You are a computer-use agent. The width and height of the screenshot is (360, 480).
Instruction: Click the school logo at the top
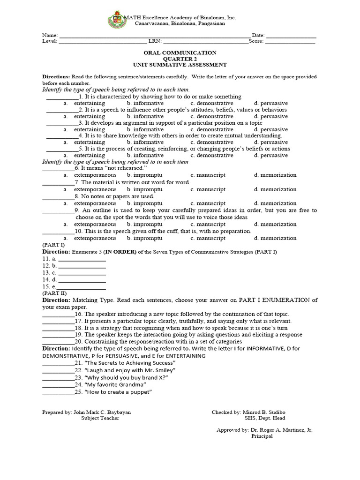pyautogui.click(x=116, y=20)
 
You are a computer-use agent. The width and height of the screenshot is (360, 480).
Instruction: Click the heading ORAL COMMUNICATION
pyautogui.click(x=180, y=53)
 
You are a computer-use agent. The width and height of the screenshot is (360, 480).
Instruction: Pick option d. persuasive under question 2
pyautogui.click(x=270, y=116)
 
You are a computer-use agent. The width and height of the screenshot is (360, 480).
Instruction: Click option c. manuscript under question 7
pyautogui.click(x=208, y=189)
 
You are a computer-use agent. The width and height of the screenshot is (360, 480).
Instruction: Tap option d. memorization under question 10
pyautogui.click(x=275, y=238)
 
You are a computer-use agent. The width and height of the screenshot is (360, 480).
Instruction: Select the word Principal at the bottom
pyautogui.click(x=262, y=436)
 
